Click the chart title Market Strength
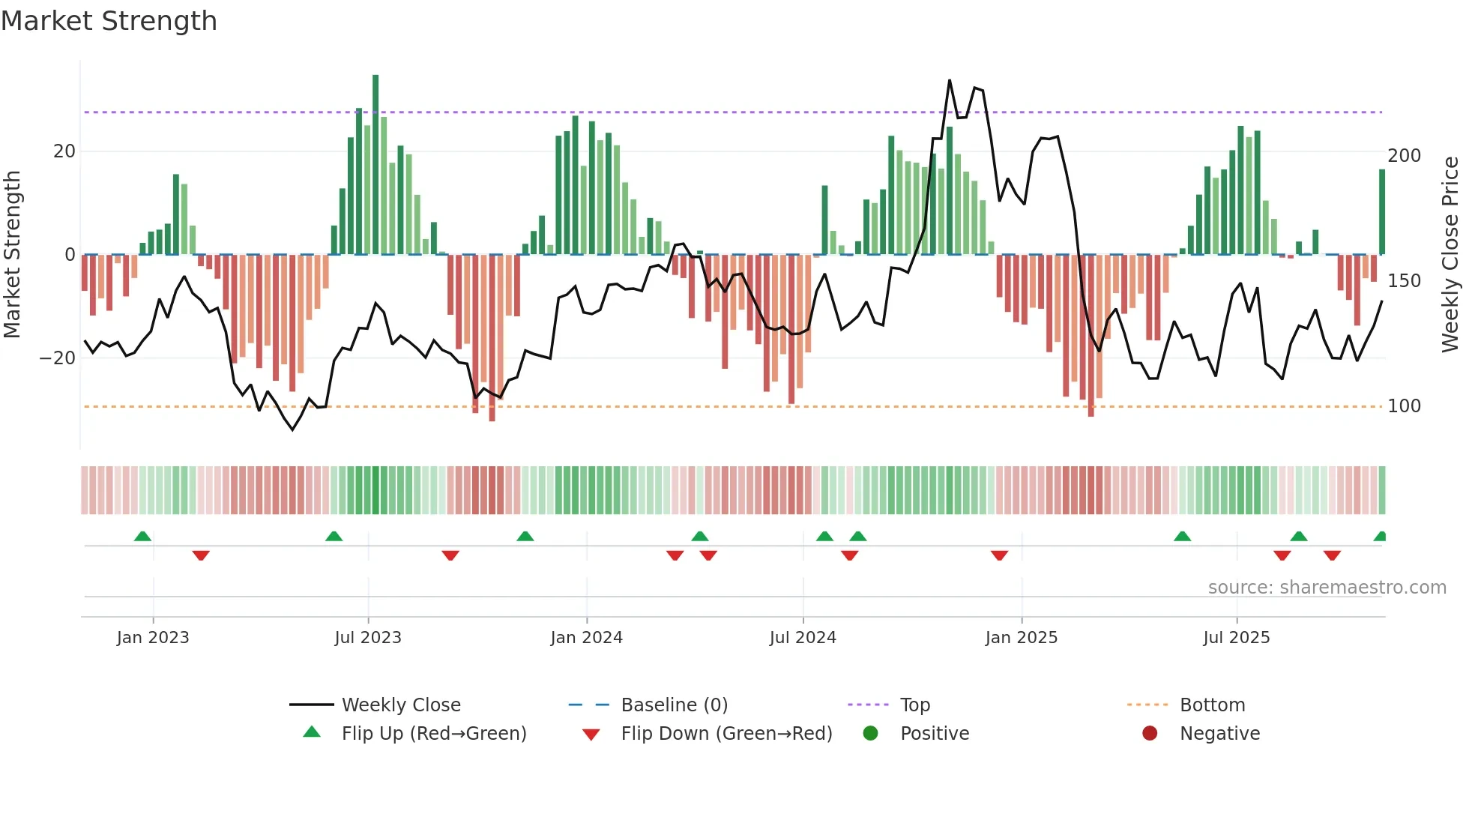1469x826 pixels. (109, 21)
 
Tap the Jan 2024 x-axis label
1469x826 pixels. (586, 638)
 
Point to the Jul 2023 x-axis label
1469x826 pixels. (368, 638)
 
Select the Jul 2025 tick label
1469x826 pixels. (1237, 638)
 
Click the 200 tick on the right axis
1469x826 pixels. (1404, 156)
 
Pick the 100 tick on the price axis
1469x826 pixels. (1404, 406)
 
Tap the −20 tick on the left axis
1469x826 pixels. (57, 358)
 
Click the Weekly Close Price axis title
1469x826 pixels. (1450, 255)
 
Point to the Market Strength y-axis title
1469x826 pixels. (13, 255)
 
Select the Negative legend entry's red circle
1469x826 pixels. (1150, 733)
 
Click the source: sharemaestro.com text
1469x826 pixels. (1327, 588)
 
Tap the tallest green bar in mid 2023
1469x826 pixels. (375, 165)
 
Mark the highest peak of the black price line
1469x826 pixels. (950, 80)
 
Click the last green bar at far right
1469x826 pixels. (1382, 212)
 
